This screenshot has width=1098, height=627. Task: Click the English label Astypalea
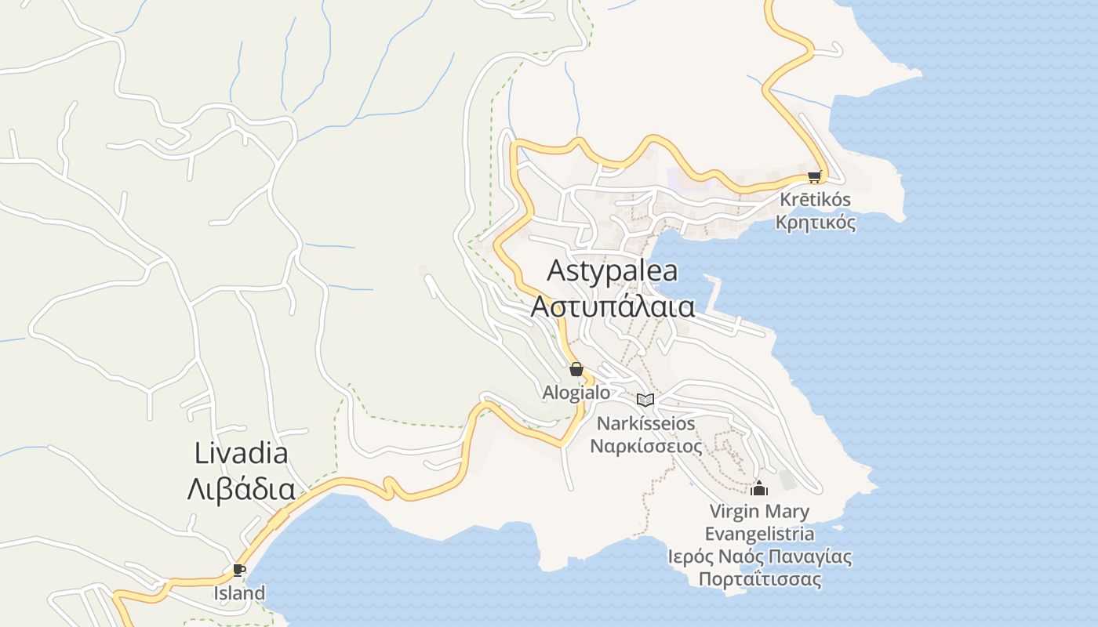click(x=612, y=271)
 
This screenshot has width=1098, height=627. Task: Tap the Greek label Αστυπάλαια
click(x=613, y=306)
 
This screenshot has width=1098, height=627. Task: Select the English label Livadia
click(x=241, y=453)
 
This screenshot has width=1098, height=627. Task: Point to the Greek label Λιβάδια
click(x=241, y=490)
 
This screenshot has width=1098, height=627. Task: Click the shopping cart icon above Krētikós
click(x=814, y=177)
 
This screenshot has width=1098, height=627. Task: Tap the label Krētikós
click(x=815, y=200)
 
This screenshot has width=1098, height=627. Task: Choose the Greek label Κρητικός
click(x=815, y=223)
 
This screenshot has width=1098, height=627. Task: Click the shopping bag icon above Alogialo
click(x=576, y=369)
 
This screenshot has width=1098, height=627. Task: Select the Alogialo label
click(x=576, y=393)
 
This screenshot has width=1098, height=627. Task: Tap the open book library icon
click(x=645, y=400)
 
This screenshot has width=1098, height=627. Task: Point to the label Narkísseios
click(x=646, y=424)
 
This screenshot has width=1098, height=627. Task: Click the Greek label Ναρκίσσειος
click(x=646, y=447)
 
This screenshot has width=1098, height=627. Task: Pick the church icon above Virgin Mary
click(x=759, y=489)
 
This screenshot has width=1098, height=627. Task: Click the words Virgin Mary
click(x=759, y=513)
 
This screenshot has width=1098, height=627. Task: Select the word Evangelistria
click(x=759, y=535)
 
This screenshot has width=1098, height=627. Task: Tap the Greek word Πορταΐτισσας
click(x=759, y=580)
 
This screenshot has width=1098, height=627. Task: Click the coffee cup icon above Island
click(x=239, y=570)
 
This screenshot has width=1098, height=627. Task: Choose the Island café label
click(x=239, y=593)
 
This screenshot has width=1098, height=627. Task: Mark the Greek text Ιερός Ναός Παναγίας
click(x=759, y=557)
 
